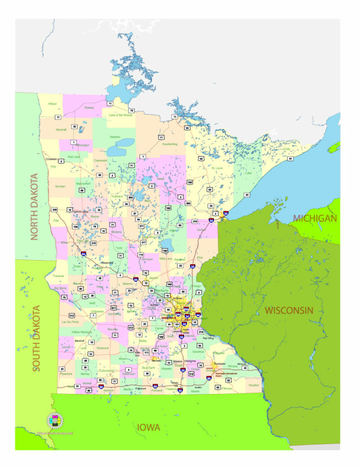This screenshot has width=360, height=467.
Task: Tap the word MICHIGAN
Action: coord(315,218)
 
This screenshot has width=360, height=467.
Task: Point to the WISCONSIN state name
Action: coord(288,310)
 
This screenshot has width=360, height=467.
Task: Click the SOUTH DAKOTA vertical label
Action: coord(36,338)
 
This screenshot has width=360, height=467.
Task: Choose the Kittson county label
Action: coord(53,104)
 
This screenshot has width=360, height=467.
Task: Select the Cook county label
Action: coord(287,149)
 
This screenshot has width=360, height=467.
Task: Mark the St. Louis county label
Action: coord(218,168)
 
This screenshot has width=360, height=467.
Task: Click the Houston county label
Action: coord(254,385)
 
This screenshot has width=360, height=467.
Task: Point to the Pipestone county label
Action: coord(66,374)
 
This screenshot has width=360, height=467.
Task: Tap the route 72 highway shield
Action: coord(132,110)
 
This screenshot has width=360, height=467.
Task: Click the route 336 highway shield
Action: coord(54,209)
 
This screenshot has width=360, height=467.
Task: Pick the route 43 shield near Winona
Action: coord(245,368)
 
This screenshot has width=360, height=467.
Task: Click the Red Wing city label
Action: coord(208,338)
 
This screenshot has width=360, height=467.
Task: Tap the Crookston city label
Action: coord(51,159)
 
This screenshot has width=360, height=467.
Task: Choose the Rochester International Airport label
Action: coord(226,373)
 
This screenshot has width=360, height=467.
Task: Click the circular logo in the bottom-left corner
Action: coord(55,421)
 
